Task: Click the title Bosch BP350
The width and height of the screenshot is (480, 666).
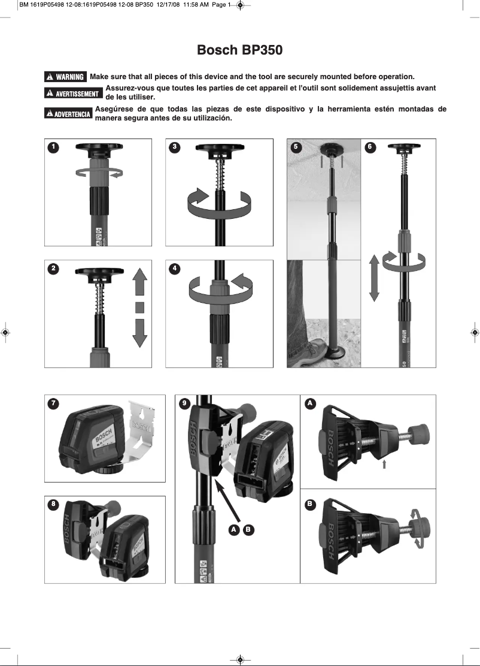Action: [x=239, y=50]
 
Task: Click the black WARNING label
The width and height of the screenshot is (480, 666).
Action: [x=66, y=77]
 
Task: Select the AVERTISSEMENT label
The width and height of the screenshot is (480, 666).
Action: [x=74, y=94]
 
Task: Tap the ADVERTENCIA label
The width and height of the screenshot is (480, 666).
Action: [x=68, y=114]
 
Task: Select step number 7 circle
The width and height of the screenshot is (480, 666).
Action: [x=54, y=404]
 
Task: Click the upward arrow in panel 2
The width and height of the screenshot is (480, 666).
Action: [x=139, y=282]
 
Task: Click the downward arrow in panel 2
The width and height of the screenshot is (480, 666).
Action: [x=139, y=333]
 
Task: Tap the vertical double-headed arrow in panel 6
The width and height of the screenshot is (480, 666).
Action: [x=374, y=277]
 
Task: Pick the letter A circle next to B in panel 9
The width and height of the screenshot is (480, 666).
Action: [x=235, y=529]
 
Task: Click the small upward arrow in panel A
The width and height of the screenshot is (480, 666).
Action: [x=385, y=464]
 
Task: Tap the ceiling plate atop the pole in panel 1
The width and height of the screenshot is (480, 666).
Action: [x=98, y=148]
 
